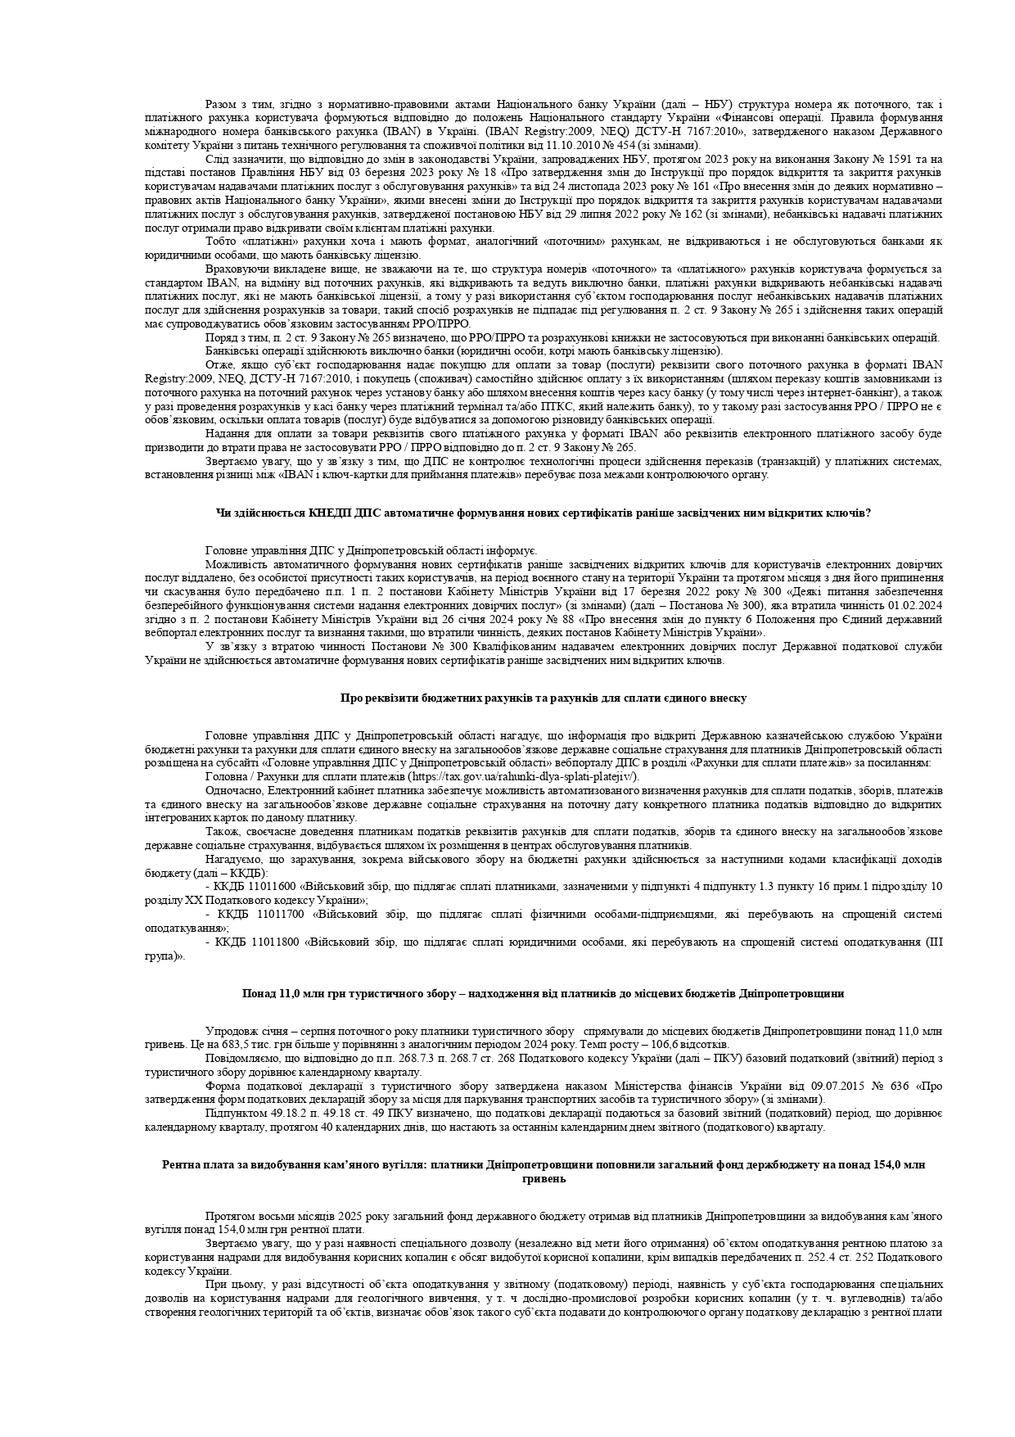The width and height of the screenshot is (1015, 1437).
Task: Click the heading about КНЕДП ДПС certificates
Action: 543,513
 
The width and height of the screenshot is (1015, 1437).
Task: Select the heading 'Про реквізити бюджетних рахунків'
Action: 543,698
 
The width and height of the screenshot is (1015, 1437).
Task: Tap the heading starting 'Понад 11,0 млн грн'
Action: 543,993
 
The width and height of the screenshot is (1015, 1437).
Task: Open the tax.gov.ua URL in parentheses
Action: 523,777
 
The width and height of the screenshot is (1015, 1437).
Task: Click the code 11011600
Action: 273,886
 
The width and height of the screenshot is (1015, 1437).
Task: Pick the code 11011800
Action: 273,942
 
